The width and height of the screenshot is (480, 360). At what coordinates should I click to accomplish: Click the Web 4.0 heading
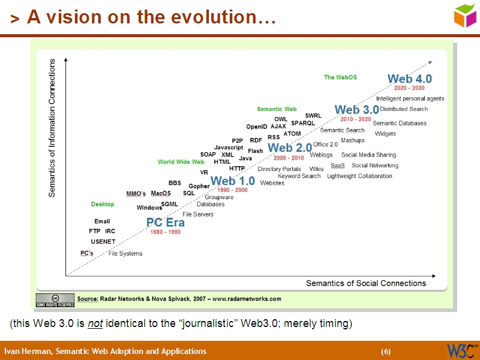[x=409, y=79]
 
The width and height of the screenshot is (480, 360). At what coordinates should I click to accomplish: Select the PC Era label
[x=165, y=223]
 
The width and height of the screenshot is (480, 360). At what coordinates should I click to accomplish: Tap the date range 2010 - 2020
[x=356, y=119]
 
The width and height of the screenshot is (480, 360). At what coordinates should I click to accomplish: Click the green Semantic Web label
[x=277, y=109]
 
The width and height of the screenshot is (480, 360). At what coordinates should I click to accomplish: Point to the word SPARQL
[x=303, y=123]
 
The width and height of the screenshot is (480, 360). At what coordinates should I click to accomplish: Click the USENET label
[x=103, y=241]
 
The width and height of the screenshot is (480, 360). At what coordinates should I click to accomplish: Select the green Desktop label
[x=103, y=205]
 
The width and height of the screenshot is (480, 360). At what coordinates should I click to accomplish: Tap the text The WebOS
[x=340, y=77]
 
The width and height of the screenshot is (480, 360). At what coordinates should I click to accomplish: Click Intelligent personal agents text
[x=410, y=98]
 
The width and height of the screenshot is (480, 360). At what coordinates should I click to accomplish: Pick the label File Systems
[x=125, y=254]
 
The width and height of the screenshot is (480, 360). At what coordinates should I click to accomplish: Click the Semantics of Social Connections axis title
[x=366, y=283]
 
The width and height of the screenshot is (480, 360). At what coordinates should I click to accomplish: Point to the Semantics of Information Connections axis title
[x=52, y=128]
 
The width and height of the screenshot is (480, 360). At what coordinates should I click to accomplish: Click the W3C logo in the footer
[x=462, y=350]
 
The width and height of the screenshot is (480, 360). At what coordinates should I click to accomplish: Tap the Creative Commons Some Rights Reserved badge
[x=55, y=301]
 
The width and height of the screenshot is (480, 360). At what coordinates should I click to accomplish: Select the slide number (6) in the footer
[x=386, y=352]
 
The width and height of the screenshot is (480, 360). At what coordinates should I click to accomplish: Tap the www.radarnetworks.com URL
[x=247, y=299]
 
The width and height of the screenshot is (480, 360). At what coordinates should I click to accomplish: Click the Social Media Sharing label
[x=368, y=155]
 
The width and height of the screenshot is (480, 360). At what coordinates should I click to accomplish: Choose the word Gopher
[x=199, y=186]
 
